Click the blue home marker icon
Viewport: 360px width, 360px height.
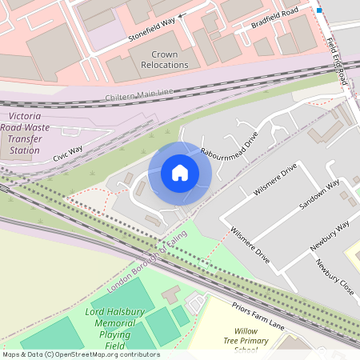180,173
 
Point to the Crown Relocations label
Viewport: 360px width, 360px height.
164,60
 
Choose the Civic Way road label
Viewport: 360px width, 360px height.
68,153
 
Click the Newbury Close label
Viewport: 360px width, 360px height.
334,277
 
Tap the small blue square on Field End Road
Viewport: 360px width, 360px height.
319,10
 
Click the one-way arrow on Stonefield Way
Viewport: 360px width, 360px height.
182,14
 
